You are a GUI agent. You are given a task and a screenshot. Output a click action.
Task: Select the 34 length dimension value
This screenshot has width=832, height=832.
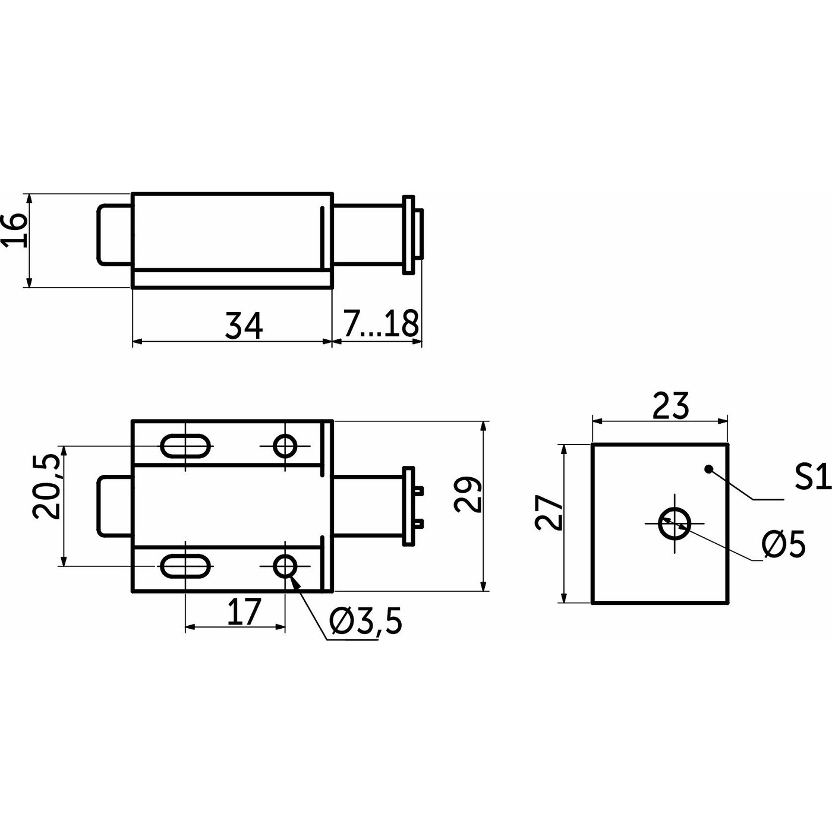click(x=244, y=326)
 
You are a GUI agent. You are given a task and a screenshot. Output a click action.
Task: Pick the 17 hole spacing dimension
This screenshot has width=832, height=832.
click(x=245, y=612)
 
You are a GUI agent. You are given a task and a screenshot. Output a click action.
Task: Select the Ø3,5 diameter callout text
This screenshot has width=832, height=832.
click(x=365, y=622)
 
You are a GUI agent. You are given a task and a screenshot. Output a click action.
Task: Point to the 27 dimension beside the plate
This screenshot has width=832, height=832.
click(x=549, y=512)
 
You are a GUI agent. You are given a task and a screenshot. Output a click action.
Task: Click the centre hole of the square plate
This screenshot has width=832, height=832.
click(x=675, y=524)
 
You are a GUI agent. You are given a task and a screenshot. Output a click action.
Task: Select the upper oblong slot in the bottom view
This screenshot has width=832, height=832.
click(x=185, y=446)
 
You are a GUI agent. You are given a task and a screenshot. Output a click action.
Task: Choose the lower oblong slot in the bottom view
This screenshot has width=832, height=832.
click(x=185, y=566)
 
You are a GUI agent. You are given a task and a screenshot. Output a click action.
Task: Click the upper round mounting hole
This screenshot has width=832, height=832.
click(x=285, y=446)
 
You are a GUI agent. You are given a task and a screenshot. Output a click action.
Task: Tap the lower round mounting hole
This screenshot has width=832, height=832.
click(x=285, y=566)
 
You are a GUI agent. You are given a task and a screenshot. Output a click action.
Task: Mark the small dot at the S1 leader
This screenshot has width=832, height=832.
click(x=708, y=469)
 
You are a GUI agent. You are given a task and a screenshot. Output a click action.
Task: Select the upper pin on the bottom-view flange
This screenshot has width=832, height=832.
click(x=419, y=490)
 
